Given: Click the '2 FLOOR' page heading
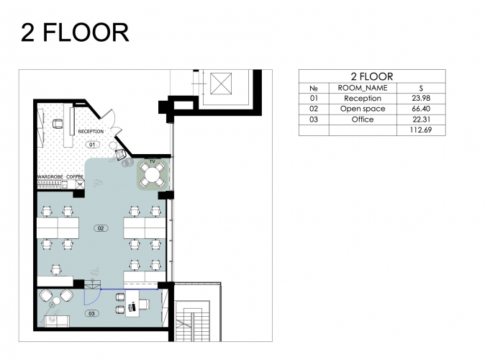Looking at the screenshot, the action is (x=75, y=32).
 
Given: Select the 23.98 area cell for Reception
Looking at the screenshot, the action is (x=421, y=98).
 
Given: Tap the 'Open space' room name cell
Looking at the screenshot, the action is (x=363, y=109).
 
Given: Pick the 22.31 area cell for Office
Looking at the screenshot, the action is (x=421, y=120).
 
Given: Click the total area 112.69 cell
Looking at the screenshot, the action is (x=421, y=130).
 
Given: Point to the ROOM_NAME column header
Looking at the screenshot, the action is (x=363, y=88).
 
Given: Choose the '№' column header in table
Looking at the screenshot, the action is (x=314, y=89).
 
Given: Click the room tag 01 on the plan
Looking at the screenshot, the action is (x=92, y=144).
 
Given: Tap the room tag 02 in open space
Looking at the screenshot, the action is (x=101, y=228).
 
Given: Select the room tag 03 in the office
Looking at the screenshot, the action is (x=91, y=314).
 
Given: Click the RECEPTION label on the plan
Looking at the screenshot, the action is (x=91, y=132).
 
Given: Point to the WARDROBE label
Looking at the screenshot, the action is (x=50, y=176).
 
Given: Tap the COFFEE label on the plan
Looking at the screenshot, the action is (x=75, y=176).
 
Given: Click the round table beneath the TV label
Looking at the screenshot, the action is (x=152, y=175).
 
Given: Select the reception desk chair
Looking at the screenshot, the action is (x=58, y=124).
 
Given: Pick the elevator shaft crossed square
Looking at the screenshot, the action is (x=221, y=84).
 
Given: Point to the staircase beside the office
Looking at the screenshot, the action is (x=192, y=320).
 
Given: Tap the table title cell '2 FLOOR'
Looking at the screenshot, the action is (x=372, y=76).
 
